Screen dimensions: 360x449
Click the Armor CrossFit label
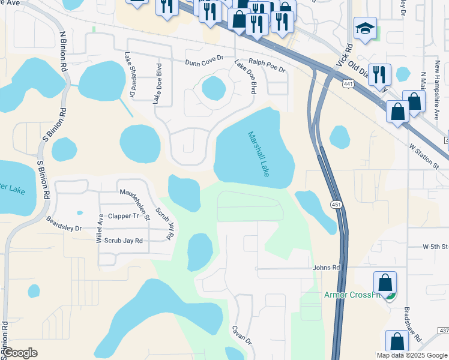(x=353, y=295)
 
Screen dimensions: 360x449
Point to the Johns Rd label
(x=327, y=268)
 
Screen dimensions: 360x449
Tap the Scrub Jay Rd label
(x=124, y=241)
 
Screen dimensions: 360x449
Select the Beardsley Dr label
(x=64, y=223)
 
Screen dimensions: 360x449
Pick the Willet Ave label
(x=100, y=229)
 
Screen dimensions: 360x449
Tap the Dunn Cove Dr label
(x=204, y=61)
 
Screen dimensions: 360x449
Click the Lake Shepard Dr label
(x=128, y=74)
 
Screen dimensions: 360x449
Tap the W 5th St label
(x=435, y=247)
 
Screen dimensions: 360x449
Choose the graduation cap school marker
(x=365, y=29)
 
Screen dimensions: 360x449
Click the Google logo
(x=20, y=353)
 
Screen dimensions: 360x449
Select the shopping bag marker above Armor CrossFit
(x=385, y=283)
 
